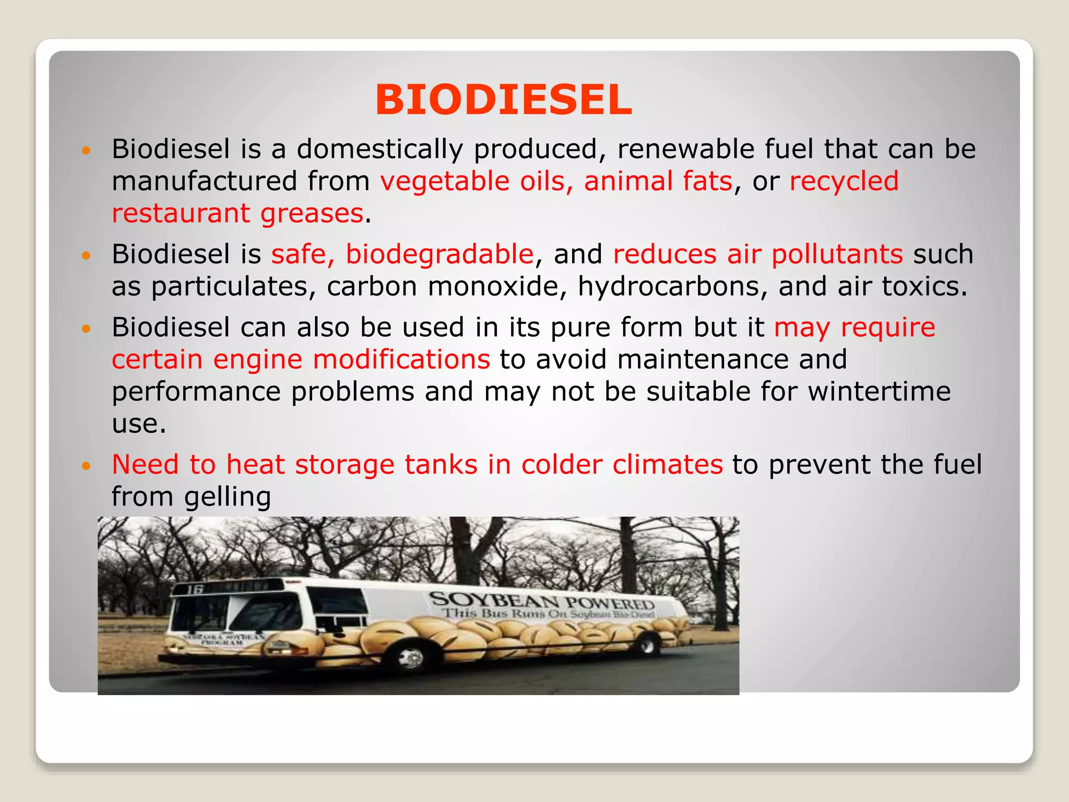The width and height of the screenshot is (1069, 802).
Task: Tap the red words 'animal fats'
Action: point(658,181)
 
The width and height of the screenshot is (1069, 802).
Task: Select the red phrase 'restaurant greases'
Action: point(237,213)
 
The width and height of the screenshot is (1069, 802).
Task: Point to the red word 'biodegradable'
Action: point(440,254)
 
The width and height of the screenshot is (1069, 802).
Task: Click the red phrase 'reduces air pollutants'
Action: point(757,254)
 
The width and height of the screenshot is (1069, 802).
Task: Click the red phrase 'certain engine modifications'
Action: point(301,359)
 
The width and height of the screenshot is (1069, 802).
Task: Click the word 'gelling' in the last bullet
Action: point(228,496)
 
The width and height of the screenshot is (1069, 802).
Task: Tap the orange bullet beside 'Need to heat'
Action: point(87,465)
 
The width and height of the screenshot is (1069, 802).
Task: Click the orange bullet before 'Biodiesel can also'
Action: point(87,328)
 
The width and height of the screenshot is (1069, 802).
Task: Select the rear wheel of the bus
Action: point(648,646)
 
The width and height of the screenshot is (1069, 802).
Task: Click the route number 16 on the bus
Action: point(195,589)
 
